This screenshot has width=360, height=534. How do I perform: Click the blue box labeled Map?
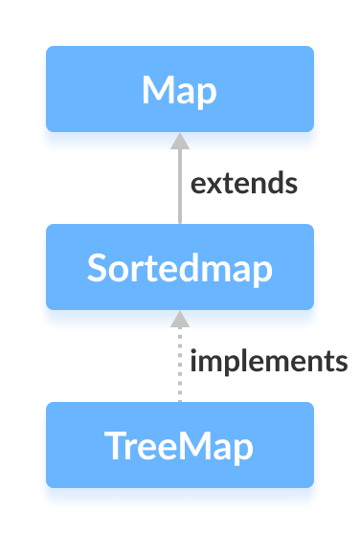pos(180,89)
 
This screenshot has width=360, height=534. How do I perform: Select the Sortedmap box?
pos(180,267)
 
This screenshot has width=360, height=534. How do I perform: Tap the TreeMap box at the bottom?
pos(180,445)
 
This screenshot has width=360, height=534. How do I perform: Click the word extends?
pos(244,183)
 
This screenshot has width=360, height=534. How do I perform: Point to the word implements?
pos(268,362)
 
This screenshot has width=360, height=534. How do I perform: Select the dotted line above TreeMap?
pos(179,368)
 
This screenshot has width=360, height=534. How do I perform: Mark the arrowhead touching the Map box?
pos(179,142)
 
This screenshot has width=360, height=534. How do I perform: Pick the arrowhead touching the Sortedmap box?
pos(179,319)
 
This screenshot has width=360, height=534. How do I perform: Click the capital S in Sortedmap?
pos(97,268)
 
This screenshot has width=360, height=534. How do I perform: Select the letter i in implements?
pos(193,361)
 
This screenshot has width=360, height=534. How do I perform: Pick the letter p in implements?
pos(228,365)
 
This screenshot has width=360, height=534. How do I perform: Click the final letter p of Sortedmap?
pos(261,271)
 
